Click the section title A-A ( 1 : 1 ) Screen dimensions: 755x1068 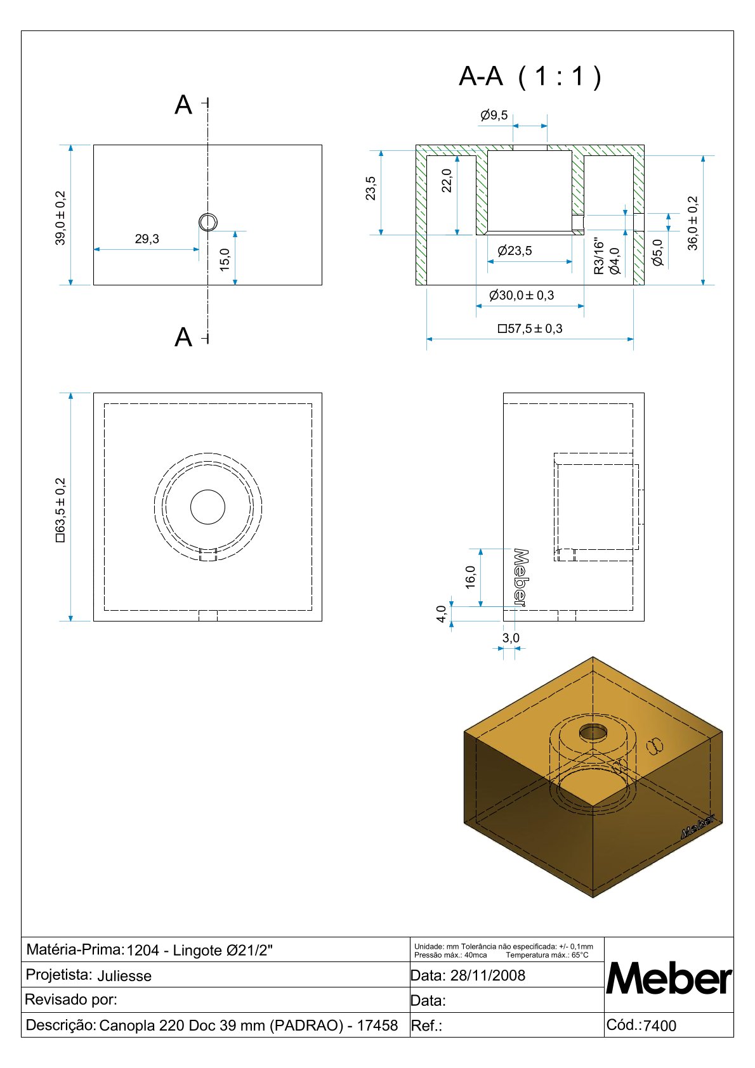pyautogui.click(x=529, y=76)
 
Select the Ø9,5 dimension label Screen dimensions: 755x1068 pyautogui.click(x=494, y=115)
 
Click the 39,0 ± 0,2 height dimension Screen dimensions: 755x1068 pyautogui.click(x=60, y=218)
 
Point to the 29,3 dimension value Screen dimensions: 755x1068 pyautogui.click(x=147, y=238)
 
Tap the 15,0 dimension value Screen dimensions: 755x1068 pyautogui.click(x=225, y=259)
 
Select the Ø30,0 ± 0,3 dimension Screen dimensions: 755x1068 pyautogui.click(x=522, y=295)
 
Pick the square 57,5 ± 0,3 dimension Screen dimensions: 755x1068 pyautogui.click(x=530, y=329)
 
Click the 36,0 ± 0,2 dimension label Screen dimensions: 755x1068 pyautogui.click(x=692, y=223)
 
